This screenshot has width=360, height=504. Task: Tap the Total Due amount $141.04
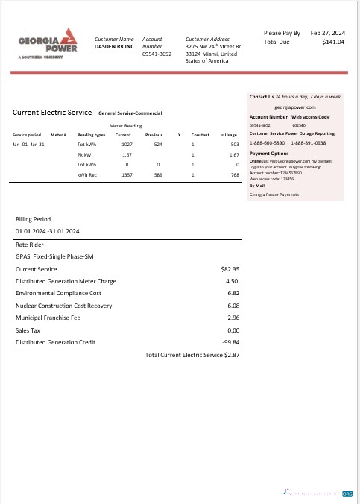coord(332,42)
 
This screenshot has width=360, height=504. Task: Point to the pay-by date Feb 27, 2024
coord(328,33)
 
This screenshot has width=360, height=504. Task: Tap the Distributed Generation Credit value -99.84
coord(229,342)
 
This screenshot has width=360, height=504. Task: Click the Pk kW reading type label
coord(86,154)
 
